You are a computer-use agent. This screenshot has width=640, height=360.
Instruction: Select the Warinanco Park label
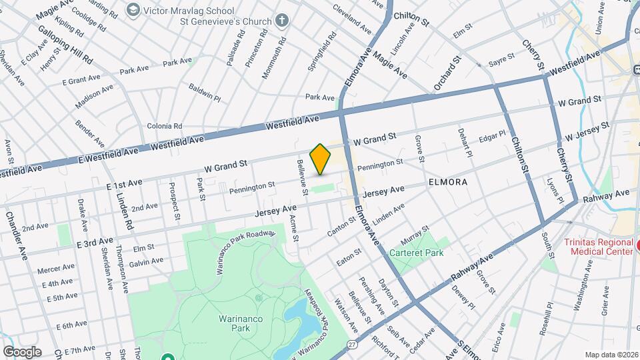(x=235, y=323)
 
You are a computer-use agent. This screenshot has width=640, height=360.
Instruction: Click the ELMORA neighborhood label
(x=448, y=181)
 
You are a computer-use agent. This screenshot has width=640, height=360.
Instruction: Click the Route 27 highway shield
(x=351, y=345)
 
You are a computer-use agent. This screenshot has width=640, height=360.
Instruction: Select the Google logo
(x=22, y=351)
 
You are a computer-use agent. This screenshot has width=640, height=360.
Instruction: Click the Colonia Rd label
(x=164, y=126)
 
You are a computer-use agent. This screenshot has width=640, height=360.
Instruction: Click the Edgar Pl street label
(x=492, y=139)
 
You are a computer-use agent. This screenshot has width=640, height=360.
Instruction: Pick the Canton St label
(x=341, y=227)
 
